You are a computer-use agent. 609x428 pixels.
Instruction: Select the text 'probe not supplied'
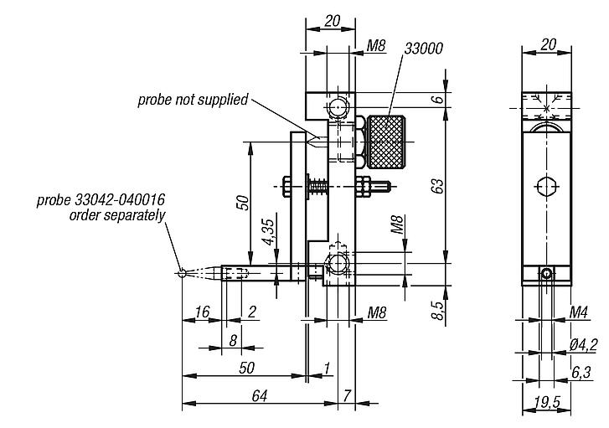coord(194,100)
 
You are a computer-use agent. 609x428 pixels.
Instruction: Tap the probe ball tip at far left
coord(182,271)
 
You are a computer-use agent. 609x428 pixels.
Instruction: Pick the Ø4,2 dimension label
coord(581,343)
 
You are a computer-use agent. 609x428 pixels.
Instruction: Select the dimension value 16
coord(201,312)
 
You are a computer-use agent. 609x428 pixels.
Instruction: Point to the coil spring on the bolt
coord(319,186)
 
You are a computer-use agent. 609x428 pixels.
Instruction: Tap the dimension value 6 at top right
coord(436,99)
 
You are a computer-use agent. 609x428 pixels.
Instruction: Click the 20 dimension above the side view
coord(549,44)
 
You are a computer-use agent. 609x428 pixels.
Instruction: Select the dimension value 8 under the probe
coord(233,339)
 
